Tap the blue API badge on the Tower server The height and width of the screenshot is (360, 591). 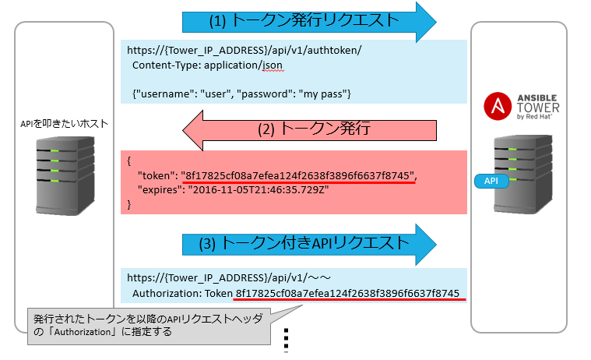click(492, 181)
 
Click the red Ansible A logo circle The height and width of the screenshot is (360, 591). click(496, 106)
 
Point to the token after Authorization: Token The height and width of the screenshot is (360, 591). click(347, 294)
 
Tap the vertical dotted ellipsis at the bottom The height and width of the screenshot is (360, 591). click(287, 340)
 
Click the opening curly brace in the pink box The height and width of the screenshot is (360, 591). click(128, 161)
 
